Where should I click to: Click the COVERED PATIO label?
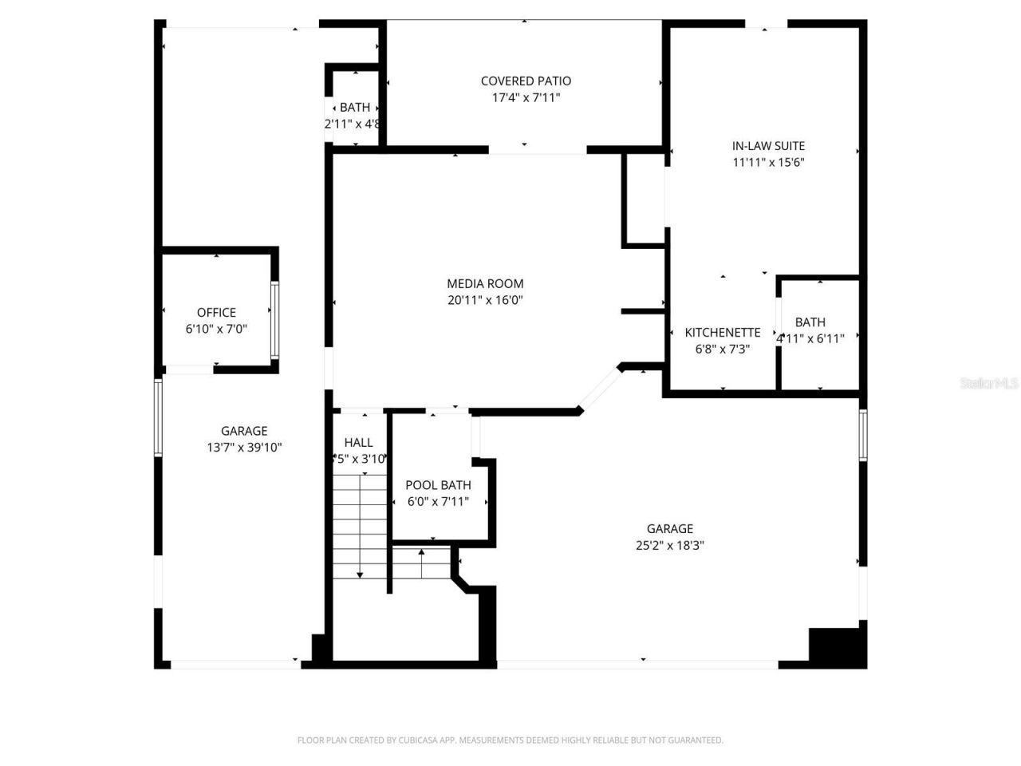coord(526,81)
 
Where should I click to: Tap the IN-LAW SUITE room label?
coord(768,145)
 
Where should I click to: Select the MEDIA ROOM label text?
coord(485,283)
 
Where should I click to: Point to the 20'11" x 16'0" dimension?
coord(485,300)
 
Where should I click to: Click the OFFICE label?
coord(216,312)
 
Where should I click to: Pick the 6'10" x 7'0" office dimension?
coord(216,328)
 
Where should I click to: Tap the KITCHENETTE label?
coord(723,332)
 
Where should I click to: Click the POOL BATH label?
coord(438,485)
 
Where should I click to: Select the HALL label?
coord(358,442)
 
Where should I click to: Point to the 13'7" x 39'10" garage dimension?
coord(244,448)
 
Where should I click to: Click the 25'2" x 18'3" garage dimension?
coord(669,545)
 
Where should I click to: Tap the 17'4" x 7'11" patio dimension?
coord(526,97)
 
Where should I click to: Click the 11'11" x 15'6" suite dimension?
coord(768,162)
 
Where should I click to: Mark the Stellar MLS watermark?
coord(989,383)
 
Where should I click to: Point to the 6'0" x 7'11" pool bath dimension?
coord(438,502)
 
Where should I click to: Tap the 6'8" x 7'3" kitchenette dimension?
coord(723,349)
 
